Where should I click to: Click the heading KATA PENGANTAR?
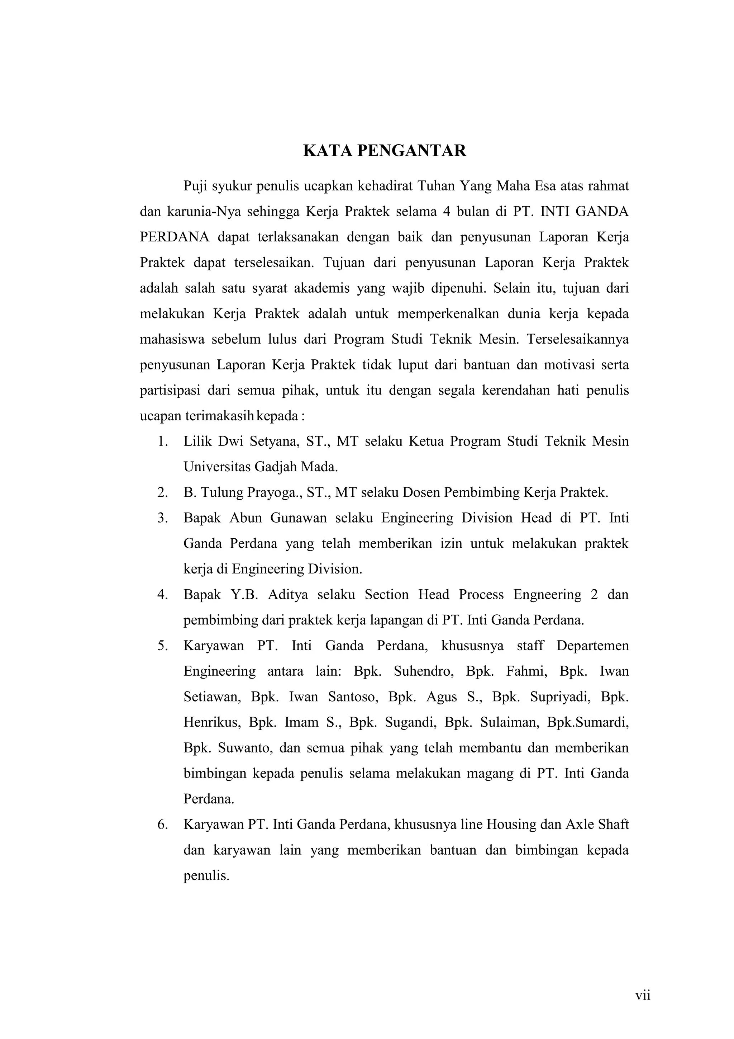point(385,151)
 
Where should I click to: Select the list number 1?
point(162,441)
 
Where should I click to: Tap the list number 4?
point(162,594)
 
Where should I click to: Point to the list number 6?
point(162,824)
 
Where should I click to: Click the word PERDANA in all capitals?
point(174,237)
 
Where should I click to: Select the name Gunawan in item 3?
point(299,518)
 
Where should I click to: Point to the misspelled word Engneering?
point(547,594)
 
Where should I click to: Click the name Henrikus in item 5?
point(210,722)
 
